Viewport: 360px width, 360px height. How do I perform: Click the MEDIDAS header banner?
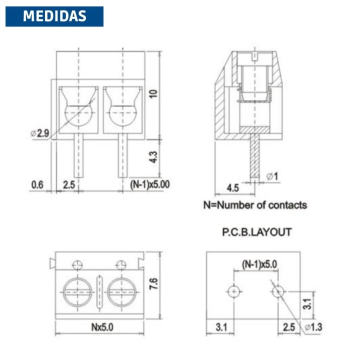(54, 16)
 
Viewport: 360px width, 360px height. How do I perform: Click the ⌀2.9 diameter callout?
(40, 133)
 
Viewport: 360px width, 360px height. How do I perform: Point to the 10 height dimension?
(153, 93)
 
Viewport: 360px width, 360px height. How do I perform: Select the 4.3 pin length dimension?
(153, 157)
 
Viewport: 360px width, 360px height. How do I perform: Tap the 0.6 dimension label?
(37, 184)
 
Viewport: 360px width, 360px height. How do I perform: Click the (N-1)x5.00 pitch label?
(150, 184)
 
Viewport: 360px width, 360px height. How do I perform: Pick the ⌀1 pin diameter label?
(272, 176)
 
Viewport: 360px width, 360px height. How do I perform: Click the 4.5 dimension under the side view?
(233, 188)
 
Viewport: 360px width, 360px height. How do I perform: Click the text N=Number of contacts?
(255, 205)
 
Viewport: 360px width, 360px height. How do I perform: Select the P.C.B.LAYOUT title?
(257, 232)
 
